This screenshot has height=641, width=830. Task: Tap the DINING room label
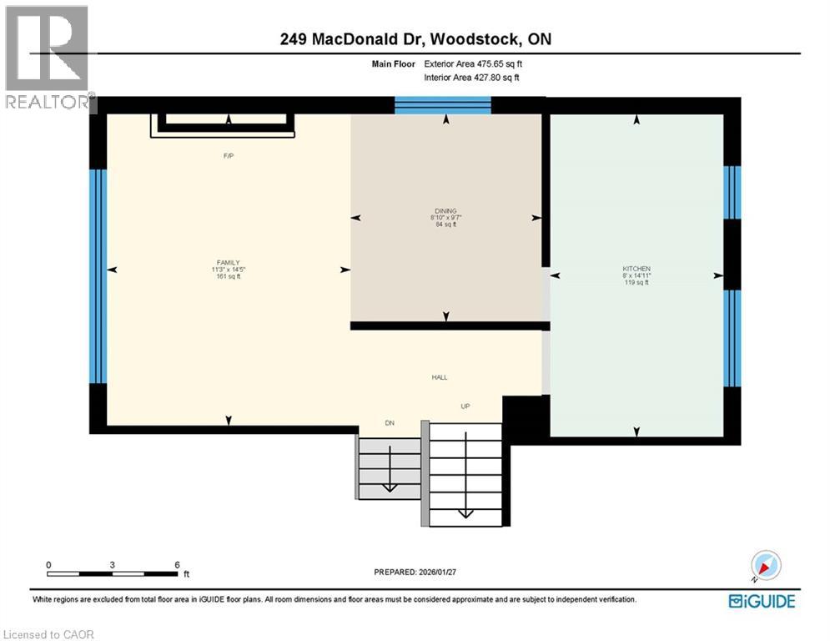coord(445,211)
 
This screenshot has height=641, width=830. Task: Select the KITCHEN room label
coord(636,269)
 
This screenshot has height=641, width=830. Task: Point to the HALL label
coord(440,377)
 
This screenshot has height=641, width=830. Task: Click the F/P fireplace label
coord(228,156)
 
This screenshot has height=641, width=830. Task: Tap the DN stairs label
coord(389,423)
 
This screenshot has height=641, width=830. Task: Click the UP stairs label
coord(465,406)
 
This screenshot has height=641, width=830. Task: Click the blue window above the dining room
coord(442,105)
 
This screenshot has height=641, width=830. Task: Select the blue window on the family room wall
coord(98,275)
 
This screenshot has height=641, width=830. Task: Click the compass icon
coord(765,566)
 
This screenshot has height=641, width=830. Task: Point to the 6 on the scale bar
coord(177,564)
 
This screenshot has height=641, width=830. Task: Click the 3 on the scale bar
coord(112,564)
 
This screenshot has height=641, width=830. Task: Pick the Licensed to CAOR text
coord(48,634)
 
